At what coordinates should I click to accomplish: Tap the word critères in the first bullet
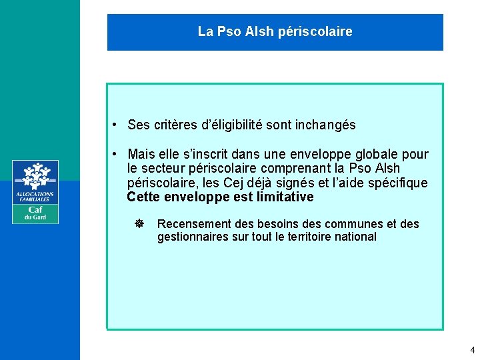click(177, 125)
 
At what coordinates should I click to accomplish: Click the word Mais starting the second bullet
click(142, 154)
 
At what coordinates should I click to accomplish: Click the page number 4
click(472, 350)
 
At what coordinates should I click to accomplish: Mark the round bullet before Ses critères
click(115, 125)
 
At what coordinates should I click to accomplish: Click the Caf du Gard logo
click(35, 191)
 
